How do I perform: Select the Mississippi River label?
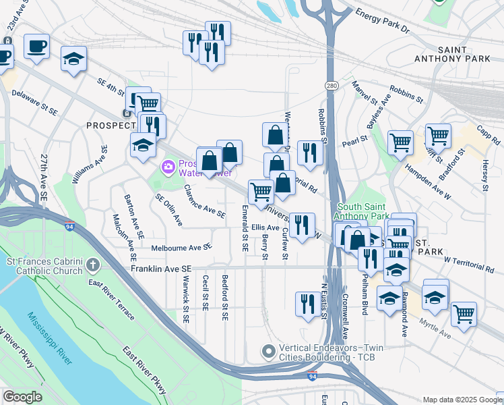point(51,337)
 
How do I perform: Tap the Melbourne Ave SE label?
point(182,248)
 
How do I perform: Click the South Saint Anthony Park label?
point(363,211)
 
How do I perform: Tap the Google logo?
point(22,397)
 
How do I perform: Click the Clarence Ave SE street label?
point(205,201)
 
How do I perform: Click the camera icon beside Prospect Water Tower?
point(166,166)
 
